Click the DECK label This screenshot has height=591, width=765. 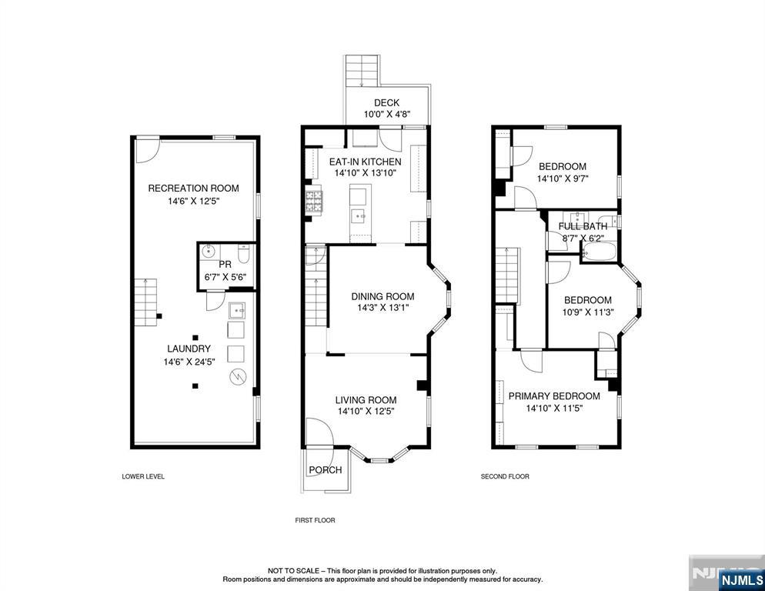(x=386, y=103)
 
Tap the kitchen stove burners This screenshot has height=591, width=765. (x=314, y=202)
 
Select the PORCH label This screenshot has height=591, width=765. (x=326, y=470)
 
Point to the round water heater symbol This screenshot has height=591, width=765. (x=238, y=376)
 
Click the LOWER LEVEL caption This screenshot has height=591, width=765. (x=143, y=476)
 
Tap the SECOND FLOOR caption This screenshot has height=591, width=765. (x=505, y=476)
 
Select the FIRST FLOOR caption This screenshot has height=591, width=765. (x=316, y=520)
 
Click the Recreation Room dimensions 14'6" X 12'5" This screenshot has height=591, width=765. (x=194, y=201)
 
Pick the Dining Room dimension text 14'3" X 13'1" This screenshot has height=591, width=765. (x=383, y=309)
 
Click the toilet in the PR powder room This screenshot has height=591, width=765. (x=243, y=254)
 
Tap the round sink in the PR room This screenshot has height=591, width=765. (x=209, y=252)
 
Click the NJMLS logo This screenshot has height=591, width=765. (x=740, y=580)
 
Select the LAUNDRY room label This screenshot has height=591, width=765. (x=189, y=349)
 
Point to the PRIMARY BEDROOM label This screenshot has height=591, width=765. (x=554, y=396)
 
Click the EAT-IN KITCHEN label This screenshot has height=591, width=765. (x=365, y=162)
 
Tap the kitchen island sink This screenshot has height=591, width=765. (x=360, y=215)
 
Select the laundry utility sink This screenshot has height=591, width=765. (x=236, y=310)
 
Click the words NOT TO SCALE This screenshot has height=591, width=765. (x=293, y=570)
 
